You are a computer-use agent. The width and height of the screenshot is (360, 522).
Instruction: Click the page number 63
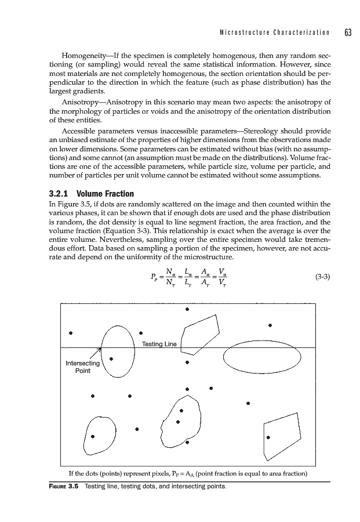348,31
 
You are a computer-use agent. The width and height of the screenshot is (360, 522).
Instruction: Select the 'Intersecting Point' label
83,367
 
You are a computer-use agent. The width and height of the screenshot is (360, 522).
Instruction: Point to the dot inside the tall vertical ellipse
111,359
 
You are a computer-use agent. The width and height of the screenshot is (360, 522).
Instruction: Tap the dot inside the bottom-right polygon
268,437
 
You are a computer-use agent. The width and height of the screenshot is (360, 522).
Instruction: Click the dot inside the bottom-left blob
93,436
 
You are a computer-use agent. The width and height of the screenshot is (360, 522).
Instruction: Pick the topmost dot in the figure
187,309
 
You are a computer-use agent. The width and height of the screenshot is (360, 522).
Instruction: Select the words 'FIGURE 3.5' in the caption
61,485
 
